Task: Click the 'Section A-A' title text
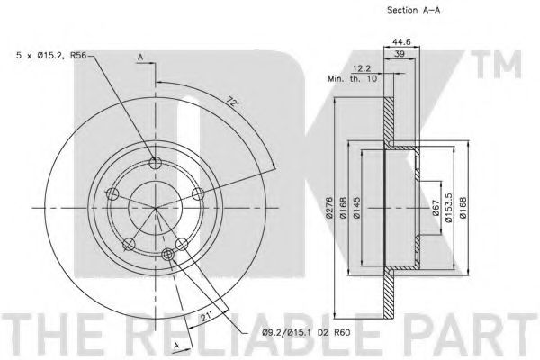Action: [413, 10]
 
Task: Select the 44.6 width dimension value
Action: [401, 41]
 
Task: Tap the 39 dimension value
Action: [400, 54]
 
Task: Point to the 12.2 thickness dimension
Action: [362, 69]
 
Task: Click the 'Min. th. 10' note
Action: [352, 78]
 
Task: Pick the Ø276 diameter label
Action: [329, 208]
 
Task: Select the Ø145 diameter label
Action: [356, 208]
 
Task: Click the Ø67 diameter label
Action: [436, 208]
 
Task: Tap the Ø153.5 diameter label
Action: [449, 208]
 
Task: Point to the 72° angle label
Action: [232, 102]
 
